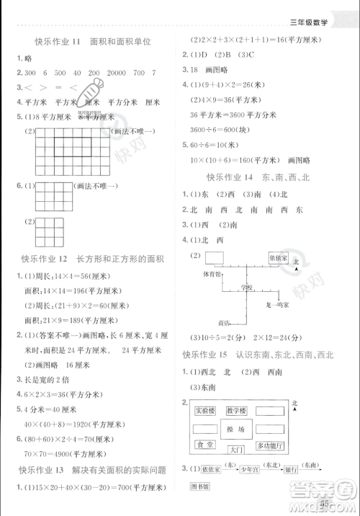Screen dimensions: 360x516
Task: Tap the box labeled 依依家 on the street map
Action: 278,257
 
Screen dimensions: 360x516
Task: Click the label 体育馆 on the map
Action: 212,275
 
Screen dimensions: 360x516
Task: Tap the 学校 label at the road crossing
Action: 247,288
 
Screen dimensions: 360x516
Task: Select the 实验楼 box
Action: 205,411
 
